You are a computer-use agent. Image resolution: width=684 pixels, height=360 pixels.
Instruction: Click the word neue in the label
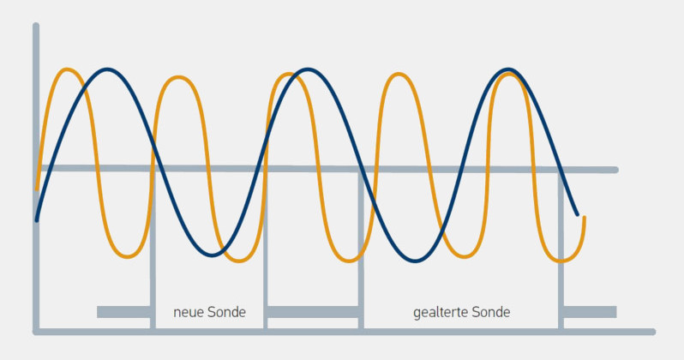tap(188, 313)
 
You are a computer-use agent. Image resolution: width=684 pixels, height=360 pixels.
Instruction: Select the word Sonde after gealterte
tap(491, 313)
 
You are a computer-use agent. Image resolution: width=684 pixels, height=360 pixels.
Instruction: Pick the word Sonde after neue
tap(226, 313)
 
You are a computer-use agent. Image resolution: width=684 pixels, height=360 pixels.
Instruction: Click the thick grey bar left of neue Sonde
tap(124, 311)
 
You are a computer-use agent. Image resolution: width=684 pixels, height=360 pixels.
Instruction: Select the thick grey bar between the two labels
tap(312, 311)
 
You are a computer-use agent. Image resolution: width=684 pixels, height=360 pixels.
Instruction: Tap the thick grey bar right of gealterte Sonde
tap(589, 311)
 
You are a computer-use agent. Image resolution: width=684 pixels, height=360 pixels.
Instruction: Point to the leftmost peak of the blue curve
tap(106, 69)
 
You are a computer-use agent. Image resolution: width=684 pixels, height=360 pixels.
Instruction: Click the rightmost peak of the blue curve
tap(510, 69)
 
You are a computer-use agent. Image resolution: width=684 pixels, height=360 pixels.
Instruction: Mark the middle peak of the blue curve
tap(307, 69)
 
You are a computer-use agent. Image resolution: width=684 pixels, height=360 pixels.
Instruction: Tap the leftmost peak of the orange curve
tap(68, 69)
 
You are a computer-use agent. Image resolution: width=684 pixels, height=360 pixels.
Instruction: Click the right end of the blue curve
tap(577, 214)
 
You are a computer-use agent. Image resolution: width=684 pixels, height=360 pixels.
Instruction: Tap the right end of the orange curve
tap(584, 218)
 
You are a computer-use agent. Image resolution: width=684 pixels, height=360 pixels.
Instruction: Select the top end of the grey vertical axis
tap(36, 27)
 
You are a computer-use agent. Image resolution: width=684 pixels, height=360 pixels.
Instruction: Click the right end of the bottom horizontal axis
tap(652, 331)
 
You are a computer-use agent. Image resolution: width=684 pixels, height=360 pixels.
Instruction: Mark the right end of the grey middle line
tap(615, 170)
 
